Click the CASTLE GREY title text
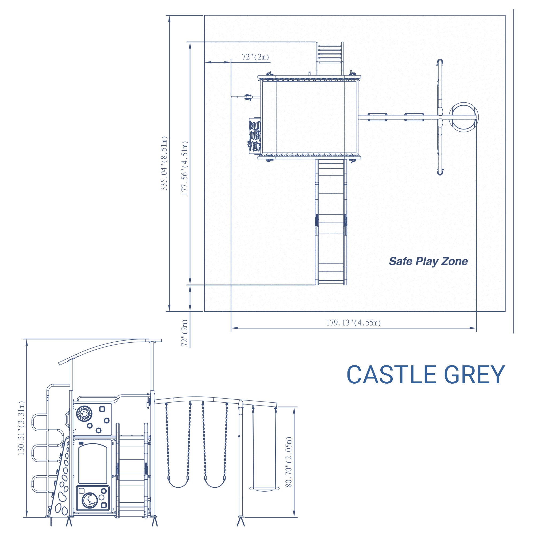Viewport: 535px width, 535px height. [x=425, y=375]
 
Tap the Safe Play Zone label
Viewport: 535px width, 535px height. [x=428, y=261]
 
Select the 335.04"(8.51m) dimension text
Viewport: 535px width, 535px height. [x=164, y=163]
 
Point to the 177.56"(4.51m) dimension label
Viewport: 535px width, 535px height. [x=185, y=168]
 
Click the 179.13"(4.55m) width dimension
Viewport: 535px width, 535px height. [x=353, y=323]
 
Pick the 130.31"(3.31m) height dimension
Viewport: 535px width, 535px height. [x=21, y=428]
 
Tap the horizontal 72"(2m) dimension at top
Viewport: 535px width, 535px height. [x=255, y=57]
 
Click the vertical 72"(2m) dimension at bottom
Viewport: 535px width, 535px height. [x=185, y=333]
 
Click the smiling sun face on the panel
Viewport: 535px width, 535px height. [x=84, y=414]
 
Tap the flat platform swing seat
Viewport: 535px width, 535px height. [x=264, y=489]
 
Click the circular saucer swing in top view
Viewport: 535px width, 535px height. [x=463, y=117]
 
